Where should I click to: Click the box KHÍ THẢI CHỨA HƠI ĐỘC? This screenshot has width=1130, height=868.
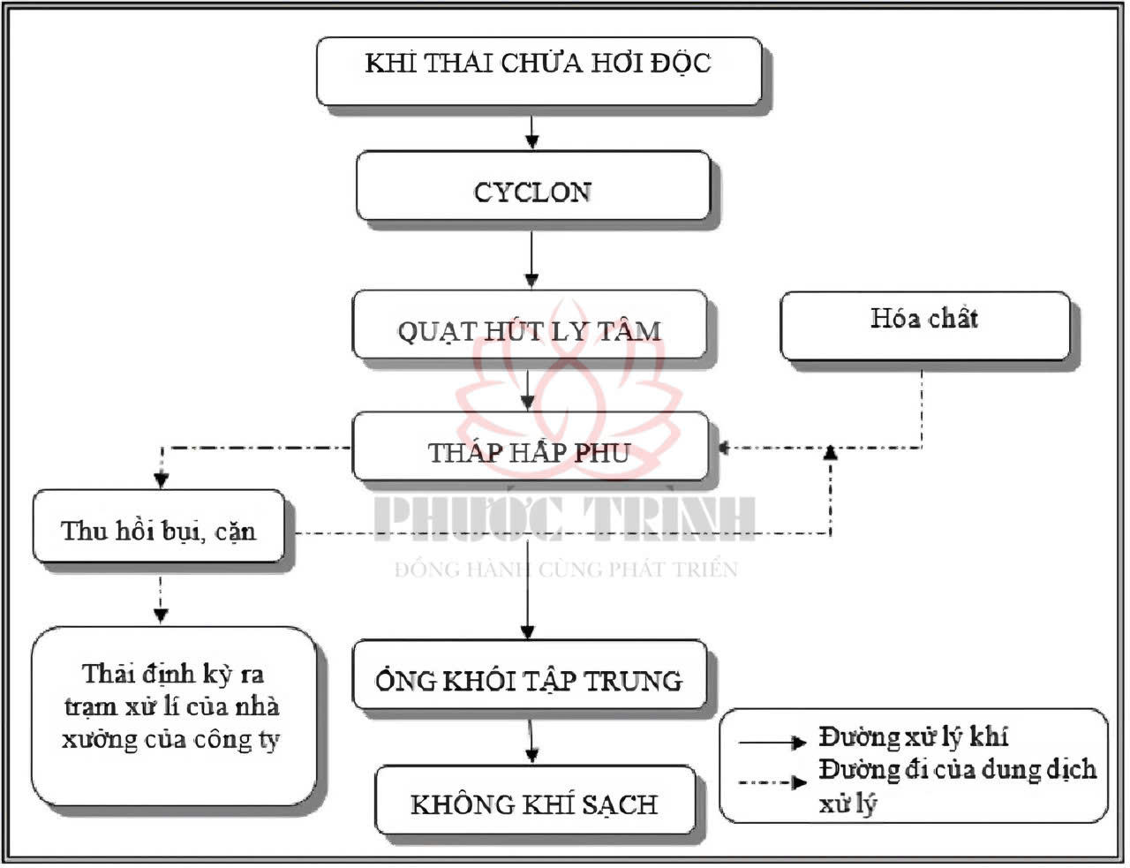pyautogui.click(x=539, y=71)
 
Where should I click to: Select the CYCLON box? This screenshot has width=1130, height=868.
pyautogui.click(x=532, y=185)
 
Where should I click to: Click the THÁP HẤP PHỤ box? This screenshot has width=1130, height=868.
pyautogui.click(x=530, y=446)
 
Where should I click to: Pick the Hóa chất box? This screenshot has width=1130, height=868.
pyautogui.click(x=924, y=325)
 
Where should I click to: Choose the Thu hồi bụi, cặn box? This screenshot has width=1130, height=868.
pyautogui.click(x=159, y=527)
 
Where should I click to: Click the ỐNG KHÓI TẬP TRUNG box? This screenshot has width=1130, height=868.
pyautogui.click(x=530, y=676)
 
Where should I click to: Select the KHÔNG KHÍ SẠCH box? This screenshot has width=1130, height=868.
pyautogui.click(x=534, y=800)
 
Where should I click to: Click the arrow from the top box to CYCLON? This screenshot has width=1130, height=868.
pyautogui.click(x=531, y=131)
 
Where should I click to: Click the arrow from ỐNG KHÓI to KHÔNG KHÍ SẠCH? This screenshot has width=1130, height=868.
pyautogui.click(x=531, y=741)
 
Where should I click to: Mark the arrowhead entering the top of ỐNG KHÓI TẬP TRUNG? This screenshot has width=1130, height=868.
pyautogui.click(x=528, y=630)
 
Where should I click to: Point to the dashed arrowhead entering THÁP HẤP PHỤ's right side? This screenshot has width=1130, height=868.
pyautogui.click(x=725, y=448)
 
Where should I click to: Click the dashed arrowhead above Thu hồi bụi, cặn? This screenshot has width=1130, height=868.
pyautogui.click(x=161, y=479)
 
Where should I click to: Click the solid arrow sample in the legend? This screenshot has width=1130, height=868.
pyautogui.click(x=772, y=742)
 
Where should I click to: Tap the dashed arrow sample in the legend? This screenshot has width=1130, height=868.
pyautogui.click(x=772, y=781)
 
